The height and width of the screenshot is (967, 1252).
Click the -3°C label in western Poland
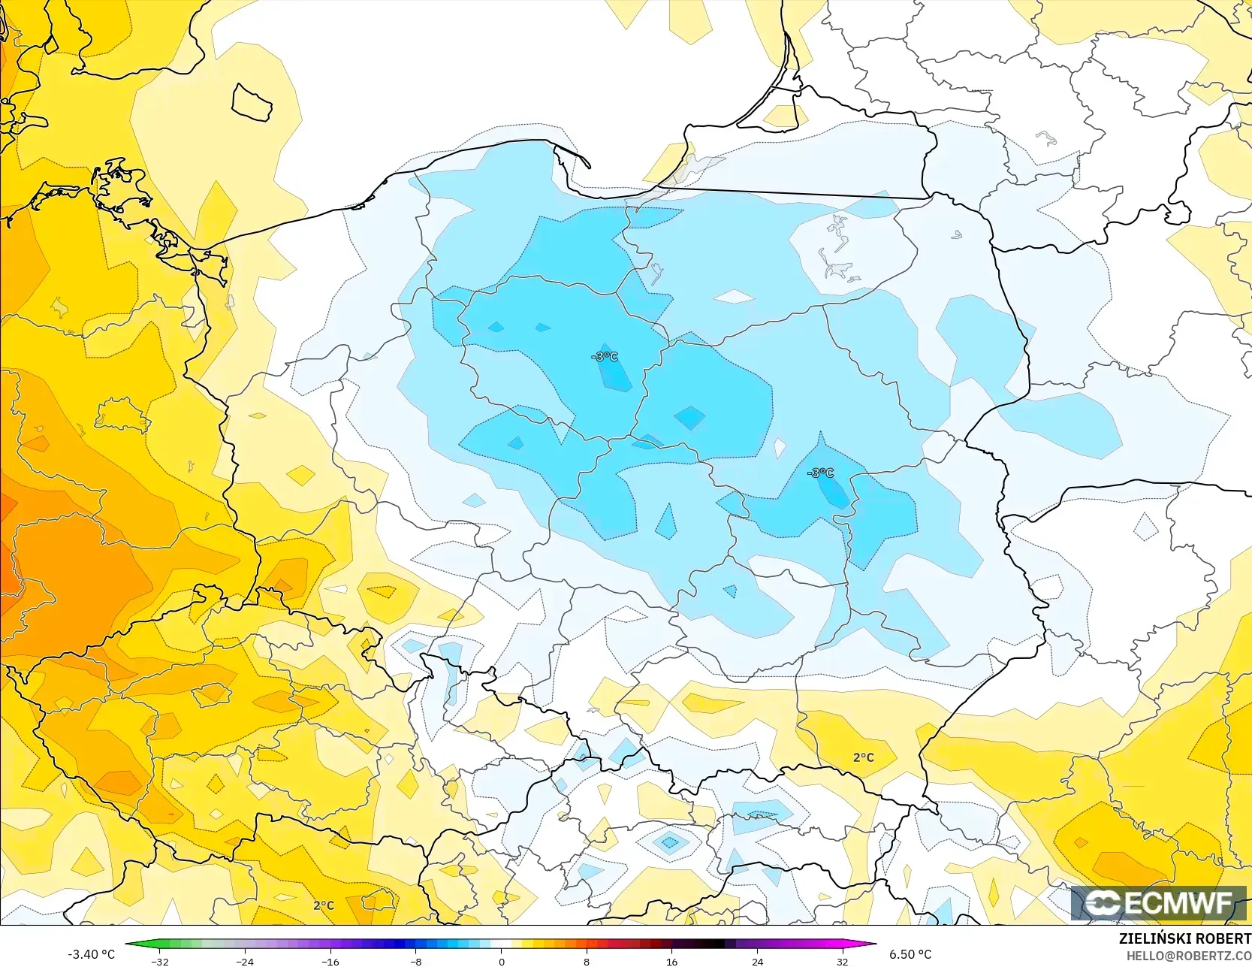point(605,356)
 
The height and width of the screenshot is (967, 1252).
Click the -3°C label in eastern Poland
point(820,473)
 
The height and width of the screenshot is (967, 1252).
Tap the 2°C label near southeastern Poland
point(864,757)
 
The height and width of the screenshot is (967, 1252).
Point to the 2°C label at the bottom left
point(324,905)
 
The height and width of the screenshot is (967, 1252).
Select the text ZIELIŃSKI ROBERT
point(1184,939)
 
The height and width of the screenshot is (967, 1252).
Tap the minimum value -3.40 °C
point(91,954)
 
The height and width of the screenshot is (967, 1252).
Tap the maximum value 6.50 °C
point(910,954)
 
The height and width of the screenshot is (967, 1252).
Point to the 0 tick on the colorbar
point(501,961)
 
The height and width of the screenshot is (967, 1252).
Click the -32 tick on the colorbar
point(159,961)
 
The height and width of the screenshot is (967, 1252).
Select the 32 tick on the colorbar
point(843,961)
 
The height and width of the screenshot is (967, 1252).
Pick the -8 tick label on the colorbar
point(415,961)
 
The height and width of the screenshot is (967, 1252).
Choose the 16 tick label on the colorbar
point(671,961)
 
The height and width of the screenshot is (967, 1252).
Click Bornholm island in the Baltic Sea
point(252,101)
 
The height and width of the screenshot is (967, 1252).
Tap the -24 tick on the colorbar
point(245,961)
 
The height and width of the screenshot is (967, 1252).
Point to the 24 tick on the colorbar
point(757,961)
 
